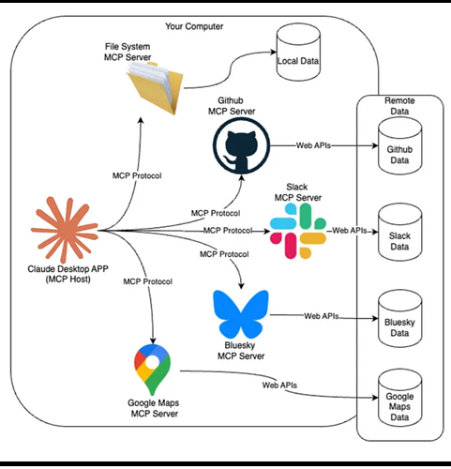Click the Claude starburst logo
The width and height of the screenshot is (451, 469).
(x=65, y=230)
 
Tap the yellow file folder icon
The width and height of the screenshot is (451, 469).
(x=155, y=87)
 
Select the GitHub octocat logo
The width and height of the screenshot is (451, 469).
(x=241, y=145)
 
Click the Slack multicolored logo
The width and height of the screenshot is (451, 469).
(x=298, y=231)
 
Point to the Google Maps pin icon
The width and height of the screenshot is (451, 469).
(x=152, y=370)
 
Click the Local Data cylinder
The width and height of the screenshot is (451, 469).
(x=298, y=56)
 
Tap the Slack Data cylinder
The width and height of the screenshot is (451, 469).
(x=399, y=233)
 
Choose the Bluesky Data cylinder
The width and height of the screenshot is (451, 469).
(x=399, y=319)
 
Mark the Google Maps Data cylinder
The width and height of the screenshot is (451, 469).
(x=399, y=398)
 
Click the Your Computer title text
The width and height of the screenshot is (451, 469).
(x=194, y=26)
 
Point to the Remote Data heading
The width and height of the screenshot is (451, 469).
(x=399, y=106)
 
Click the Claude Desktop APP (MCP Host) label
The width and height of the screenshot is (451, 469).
(x=68, y=274)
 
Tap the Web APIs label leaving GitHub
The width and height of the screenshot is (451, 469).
(x=313, y=145)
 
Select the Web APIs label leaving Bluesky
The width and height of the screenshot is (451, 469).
(x=322, y=316)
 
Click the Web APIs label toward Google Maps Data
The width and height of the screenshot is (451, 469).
(x=279, y=386)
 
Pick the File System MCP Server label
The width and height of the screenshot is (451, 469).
(x=128, y=52)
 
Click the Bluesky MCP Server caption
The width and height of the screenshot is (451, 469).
(x=241, y=351)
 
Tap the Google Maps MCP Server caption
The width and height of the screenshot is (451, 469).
(x=154, y=408)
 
